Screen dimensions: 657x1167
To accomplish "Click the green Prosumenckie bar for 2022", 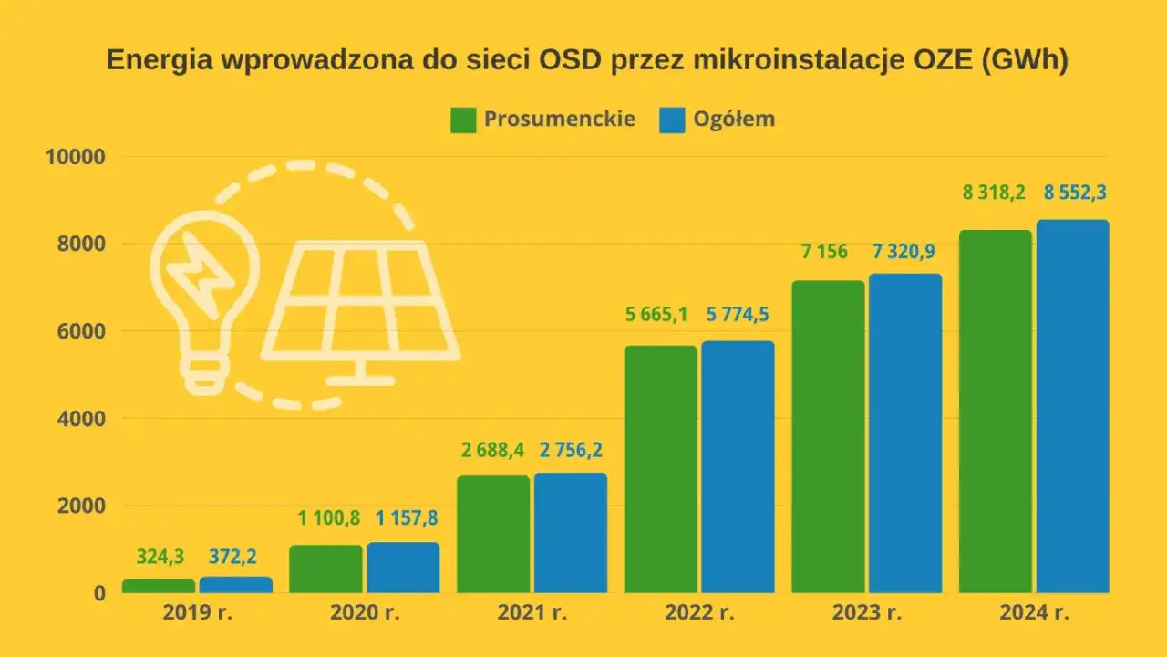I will coord(660,469).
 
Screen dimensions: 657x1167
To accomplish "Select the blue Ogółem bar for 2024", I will coord(1072,406).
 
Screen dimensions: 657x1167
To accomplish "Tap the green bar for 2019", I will coord(159,586).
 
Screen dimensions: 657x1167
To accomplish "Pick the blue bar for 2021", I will coord(570,533).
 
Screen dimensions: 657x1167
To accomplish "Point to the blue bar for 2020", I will coord(403,568).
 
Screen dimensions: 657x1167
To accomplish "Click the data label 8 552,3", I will coord(1073,193).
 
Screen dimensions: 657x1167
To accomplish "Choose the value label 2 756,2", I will coord(571,449).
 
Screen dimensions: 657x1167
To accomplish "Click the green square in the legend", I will coord(463,120).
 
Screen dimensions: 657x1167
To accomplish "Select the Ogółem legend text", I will coord(734,120).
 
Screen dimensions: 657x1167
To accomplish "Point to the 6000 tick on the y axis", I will coord(76,331).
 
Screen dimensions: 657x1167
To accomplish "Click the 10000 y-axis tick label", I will coord(76,157).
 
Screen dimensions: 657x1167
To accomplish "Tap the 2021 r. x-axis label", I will coord(532,613).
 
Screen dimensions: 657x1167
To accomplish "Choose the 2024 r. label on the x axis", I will coord(1034,613).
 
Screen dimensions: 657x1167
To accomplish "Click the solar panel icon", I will coord(360,306).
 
